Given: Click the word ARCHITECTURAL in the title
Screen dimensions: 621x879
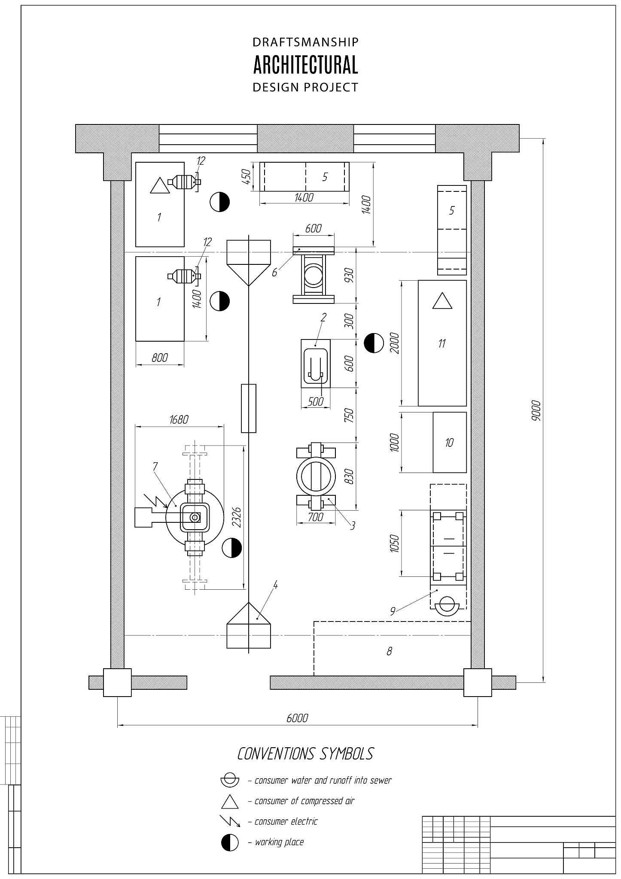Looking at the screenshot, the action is coord(305,65).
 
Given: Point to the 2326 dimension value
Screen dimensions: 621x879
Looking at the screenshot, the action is coord(236,517).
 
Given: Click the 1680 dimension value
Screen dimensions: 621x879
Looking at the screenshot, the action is coord(179,419).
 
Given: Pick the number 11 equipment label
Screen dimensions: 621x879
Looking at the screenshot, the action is coord(442,343).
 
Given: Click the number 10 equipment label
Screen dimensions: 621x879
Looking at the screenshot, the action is coord(449,443).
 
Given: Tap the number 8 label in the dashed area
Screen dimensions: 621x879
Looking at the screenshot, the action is coord(389,651).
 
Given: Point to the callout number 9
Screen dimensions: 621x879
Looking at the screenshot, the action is coord(393,612).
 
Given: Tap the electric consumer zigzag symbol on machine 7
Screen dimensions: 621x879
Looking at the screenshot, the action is coord(155,500).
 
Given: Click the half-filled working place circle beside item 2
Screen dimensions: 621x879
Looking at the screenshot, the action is coord(374,343).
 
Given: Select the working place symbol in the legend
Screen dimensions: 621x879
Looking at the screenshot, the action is coord(230,842).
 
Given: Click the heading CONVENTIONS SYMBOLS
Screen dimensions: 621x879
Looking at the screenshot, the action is coord(305,754).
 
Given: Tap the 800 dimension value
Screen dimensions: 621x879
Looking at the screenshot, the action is coord(160,357).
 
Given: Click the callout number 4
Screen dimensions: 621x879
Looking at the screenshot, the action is coord(275,585).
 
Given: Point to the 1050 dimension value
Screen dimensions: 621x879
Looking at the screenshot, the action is coord(395,543).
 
